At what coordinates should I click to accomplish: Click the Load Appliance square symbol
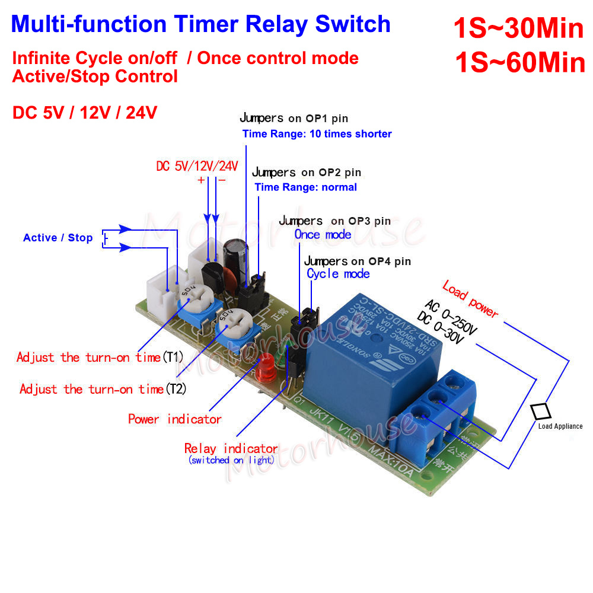coord(541,411)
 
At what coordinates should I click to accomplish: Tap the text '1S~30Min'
coord(518,27)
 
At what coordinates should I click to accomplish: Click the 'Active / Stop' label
coord(58,238)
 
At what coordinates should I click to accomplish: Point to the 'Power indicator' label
coord(175,419)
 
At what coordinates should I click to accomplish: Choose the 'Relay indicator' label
coord(231,448)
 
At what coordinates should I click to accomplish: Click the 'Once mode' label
coord(323,234)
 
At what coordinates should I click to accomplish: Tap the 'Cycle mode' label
coord(338,273)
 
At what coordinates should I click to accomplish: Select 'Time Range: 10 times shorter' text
coord(317,134)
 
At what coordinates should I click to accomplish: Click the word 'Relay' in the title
coord(278,24)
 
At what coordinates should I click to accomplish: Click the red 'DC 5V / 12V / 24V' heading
coord(85,113)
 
